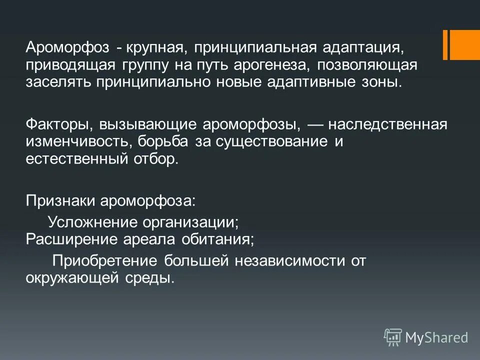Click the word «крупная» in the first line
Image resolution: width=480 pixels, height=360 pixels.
click(156, 49)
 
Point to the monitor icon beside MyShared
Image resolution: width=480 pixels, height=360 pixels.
click(392, 337)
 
